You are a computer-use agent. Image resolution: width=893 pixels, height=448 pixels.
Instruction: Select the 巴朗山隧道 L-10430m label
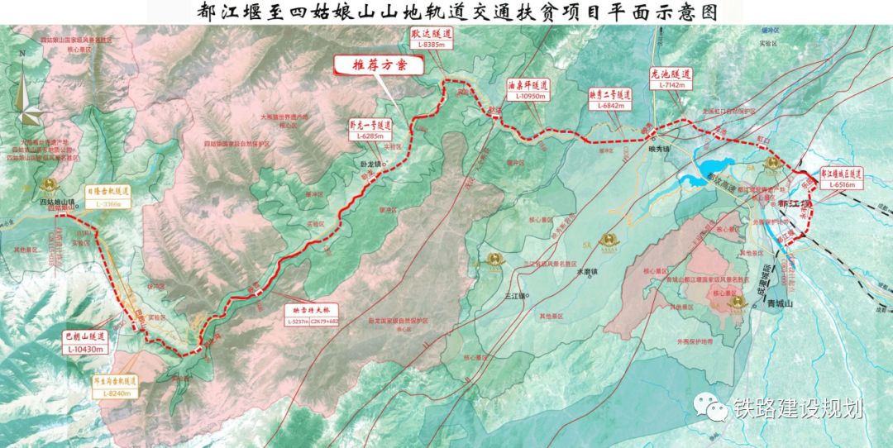86,343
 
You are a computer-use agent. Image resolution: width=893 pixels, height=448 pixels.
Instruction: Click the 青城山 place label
780,305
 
